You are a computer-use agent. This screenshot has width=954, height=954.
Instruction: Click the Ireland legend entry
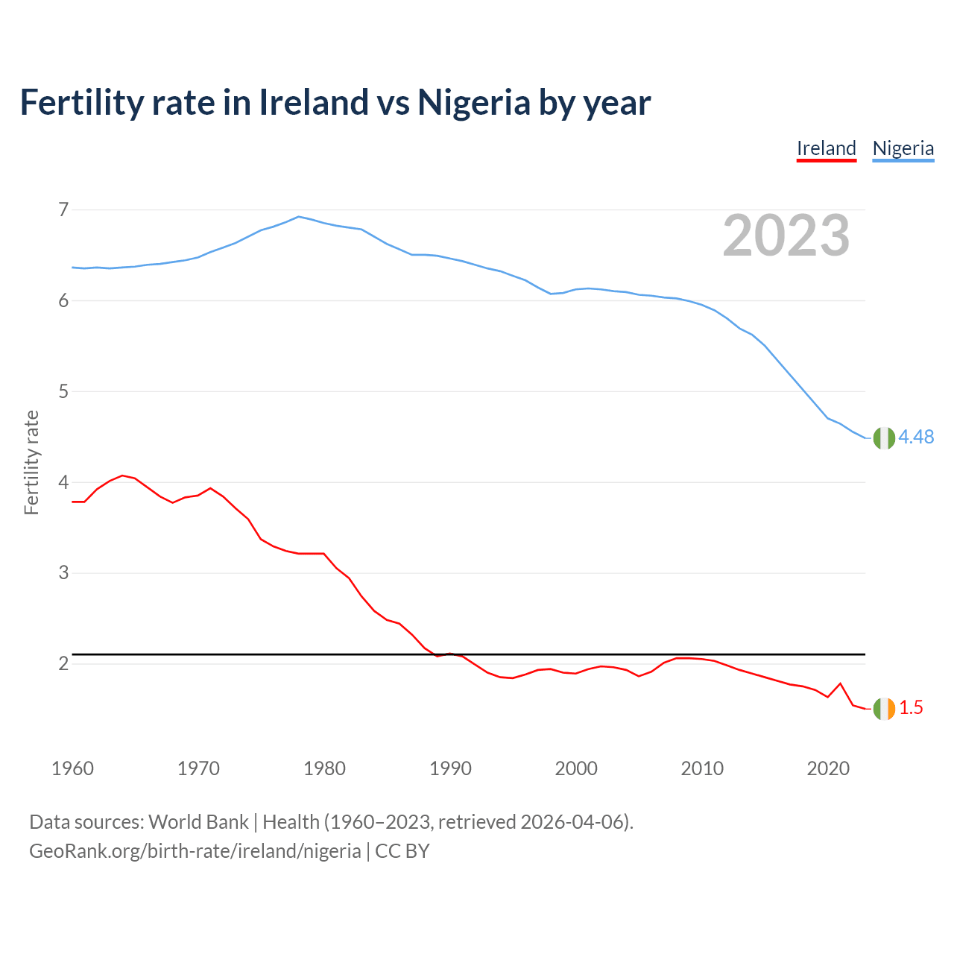[826, 148]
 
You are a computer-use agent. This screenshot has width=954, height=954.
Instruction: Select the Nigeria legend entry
[903, 148]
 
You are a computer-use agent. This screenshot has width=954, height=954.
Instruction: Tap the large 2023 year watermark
[786, 236]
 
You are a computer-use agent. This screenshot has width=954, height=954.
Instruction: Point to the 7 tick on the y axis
[63, 209]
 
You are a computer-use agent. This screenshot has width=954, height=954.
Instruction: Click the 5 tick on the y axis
[63, 391]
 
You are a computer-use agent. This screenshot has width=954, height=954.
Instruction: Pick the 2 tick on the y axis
[63, 663]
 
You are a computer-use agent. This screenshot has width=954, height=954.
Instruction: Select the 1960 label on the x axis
[72, 768]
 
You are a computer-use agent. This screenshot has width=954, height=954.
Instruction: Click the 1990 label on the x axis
[450, 768]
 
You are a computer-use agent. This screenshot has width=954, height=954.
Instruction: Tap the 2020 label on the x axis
[828, 768]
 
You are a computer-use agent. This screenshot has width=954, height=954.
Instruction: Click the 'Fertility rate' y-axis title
[31, 462]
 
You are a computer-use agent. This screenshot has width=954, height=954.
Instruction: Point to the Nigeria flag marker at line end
[884, 438]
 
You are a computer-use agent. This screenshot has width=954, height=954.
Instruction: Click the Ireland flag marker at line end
[884, 709]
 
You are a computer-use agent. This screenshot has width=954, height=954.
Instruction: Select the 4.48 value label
[916, 437]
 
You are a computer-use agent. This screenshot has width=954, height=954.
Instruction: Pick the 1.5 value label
[911, 708]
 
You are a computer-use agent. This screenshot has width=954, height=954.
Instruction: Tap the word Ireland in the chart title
[313, 102]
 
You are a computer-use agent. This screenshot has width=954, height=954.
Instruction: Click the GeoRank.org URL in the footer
[195, 851]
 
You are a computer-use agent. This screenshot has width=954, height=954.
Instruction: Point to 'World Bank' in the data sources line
[198, 822]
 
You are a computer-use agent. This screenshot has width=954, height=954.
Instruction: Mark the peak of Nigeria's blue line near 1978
[299, 217]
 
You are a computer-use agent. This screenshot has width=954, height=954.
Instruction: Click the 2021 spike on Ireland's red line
[841, 683]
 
